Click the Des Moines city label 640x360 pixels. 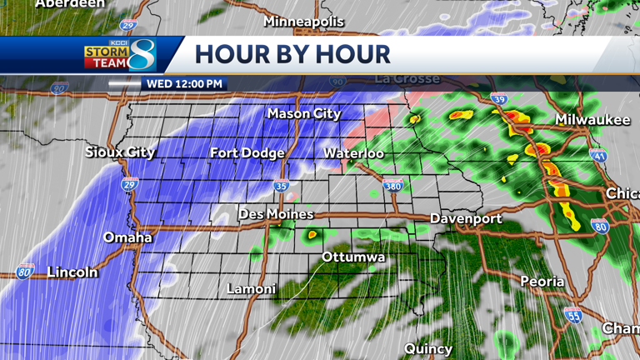276,214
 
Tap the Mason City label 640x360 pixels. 303,113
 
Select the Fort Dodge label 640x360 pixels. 247,152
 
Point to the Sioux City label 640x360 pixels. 120,152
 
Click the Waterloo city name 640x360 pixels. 353,153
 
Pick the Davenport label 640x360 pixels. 465,218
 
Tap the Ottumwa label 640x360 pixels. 353,257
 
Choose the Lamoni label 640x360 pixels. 251,289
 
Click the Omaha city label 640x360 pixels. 127,237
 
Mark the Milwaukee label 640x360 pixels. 592,120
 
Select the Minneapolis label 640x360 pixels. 304,21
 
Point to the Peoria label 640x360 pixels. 542,282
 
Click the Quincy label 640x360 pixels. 428,348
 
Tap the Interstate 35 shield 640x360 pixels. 282,186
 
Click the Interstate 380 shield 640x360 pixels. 393,185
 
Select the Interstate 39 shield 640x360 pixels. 498,100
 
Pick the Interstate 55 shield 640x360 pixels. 572,314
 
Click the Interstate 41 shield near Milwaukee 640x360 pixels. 597,155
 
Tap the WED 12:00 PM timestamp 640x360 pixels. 184,84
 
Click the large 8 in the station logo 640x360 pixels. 142,55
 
